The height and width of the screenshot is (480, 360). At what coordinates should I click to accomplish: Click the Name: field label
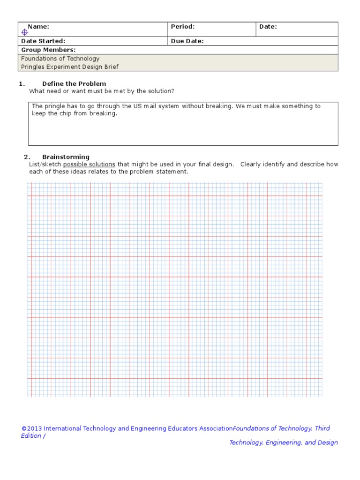click(x=38, y=27)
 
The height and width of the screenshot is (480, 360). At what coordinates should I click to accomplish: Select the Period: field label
click(x=183, y=27)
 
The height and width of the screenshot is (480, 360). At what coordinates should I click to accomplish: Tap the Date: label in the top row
click(x=268, y=27)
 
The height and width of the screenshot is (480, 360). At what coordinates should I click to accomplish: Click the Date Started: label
click(x=43, y=41)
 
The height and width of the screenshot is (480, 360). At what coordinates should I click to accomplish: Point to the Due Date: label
click(x=187, y=41)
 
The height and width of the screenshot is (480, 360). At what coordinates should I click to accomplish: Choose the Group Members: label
click(x=48, y=50)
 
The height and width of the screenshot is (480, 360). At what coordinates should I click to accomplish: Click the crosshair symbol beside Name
click(x=25, y=32)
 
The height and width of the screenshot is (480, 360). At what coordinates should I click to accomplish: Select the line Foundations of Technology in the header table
click(x=60, y=59)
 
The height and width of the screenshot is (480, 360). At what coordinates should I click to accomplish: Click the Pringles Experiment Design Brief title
click(x=69, y=67)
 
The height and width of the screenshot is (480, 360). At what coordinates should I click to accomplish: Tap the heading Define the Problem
click(x=74, y=84)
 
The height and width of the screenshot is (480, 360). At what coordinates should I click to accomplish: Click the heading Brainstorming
click(x=66, y=157)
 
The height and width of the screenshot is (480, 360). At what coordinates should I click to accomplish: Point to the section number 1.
click(x=21, y=84)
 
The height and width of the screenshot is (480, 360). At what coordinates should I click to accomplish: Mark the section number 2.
click(x=27, y=157)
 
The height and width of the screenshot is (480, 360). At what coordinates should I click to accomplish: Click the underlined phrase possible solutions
click(x=89, y=165)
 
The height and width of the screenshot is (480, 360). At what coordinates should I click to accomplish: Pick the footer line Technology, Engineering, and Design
click(x=283, y=443)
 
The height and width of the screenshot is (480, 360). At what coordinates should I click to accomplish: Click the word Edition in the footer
click(x=31, y=436)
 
